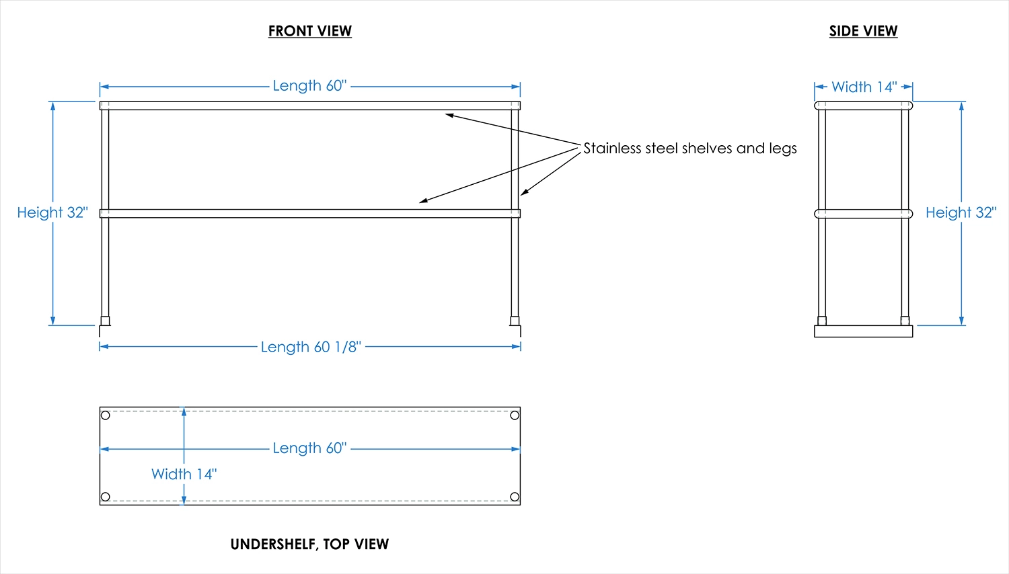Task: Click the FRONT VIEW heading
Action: coord(309,31)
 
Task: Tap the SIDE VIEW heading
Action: coord(863,31)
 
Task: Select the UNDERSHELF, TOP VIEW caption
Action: coord(309,544)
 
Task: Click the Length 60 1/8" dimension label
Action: coord(311,347)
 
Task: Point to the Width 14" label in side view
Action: coord(864,87)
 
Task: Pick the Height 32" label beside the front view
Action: coord(52,212)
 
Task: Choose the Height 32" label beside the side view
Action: coord(961,212)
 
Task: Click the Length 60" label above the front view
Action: coord(309,86)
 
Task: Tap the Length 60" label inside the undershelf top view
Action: coord(309,448)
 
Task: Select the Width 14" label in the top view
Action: coord(184,474)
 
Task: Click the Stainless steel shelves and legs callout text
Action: coord(689,148)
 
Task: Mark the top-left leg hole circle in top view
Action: coord(106,415)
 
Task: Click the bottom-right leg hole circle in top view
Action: coord(515,497)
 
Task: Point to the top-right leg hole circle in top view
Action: coord(515,415)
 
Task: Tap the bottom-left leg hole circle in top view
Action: coord(106,497)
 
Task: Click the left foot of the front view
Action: coord(104,329)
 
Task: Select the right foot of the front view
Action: coord(515,329)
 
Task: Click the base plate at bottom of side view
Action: coord(863,331)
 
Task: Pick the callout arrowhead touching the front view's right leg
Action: coord(524,193)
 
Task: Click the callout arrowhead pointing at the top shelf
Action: coord(449,116)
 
